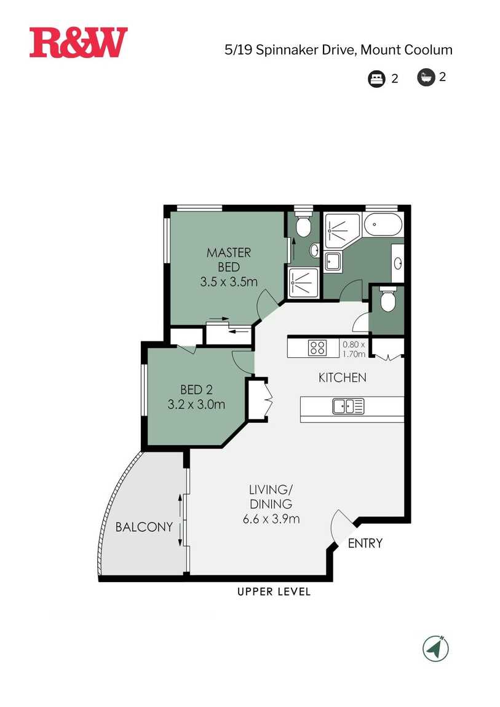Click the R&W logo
tap(78, 42)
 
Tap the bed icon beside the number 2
tap(376, 79)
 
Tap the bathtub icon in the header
tap(426, 77)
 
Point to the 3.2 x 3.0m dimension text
tap(196, 405)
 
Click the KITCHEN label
tap(342, 377)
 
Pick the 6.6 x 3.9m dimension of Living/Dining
tap(271, 518)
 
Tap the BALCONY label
tap(144, 527)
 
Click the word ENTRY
tap(365, 543)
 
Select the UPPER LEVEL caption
tap(274, 592)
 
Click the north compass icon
tap(435, 648)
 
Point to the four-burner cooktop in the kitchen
tap(317, 348)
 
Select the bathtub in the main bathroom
tap(383, 226)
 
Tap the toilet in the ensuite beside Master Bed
tap(303, 226)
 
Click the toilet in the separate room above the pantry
tap(387, 301)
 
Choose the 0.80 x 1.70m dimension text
tap(354, 349)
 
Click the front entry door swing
tap(340, 526)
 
